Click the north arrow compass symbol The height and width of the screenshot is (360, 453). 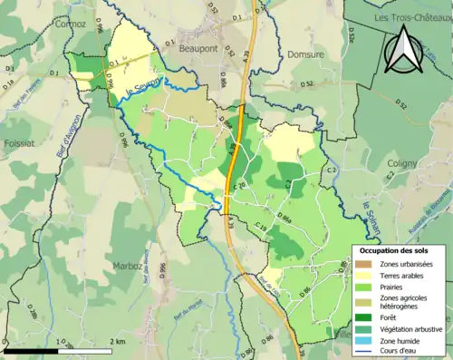[x=406, y=51]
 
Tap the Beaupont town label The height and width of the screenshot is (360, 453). [x=199, y=48]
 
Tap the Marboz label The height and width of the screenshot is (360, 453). [x=130, y=266]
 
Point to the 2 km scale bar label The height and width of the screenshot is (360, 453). [x=118, y=342]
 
